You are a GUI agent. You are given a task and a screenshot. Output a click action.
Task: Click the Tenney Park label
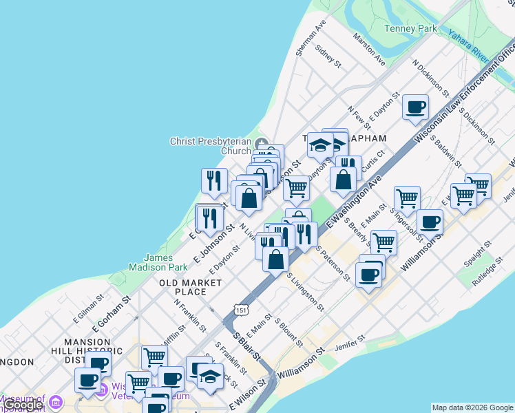click(410, 29)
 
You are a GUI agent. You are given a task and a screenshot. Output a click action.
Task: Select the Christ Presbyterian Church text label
click(211, 146)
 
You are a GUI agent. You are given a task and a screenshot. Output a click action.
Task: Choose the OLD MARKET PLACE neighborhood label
click(191, 287)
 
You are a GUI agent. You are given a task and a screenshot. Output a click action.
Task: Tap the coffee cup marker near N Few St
click(416, 108)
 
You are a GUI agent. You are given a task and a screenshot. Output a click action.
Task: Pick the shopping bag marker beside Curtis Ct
click(343, 180)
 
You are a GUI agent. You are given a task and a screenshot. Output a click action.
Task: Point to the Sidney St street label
click(328, 56)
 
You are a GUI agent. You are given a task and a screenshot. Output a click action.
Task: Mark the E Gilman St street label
click(87, 310)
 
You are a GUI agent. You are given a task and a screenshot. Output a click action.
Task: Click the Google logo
click(23, 405)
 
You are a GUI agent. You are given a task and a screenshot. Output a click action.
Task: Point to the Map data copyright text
click(473, 407)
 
